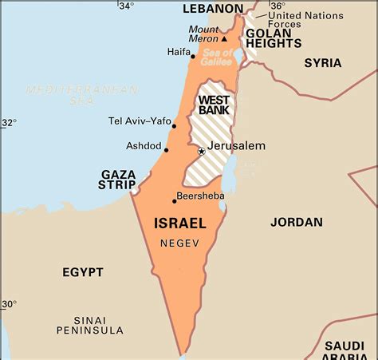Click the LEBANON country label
212,9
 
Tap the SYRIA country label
322,63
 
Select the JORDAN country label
297,223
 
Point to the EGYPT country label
83,272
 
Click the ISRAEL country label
179,224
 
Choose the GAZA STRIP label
118,180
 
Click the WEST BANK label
214,105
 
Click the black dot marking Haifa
192,57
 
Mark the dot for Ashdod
166,149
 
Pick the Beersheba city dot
174,201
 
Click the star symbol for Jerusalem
201,151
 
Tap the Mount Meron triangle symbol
224,38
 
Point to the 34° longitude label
126,6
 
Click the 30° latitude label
8,304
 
